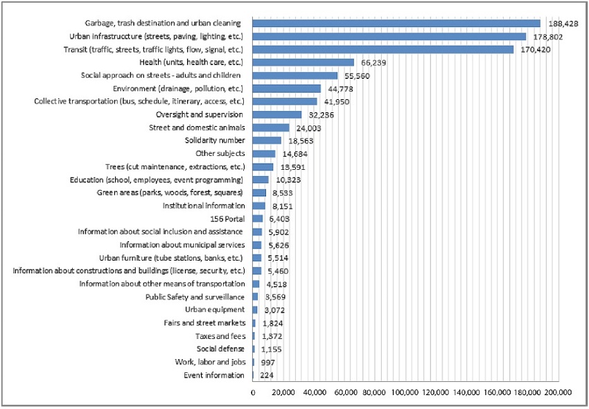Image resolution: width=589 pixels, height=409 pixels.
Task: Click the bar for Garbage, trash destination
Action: [396, 24]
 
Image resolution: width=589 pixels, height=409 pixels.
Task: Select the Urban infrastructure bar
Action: [389, 37]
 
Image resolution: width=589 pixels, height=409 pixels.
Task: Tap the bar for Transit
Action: [383, 50]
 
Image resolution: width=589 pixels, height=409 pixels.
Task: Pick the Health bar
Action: [304, 62]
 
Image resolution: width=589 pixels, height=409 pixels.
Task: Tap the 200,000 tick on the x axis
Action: [556, 392]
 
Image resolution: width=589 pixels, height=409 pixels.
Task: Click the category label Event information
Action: [214, 376]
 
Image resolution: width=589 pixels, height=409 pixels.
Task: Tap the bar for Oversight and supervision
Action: [277, 114]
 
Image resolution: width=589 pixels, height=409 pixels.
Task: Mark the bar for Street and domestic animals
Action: [271, 128]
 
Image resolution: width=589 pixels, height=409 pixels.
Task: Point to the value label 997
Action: [267, 363]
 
